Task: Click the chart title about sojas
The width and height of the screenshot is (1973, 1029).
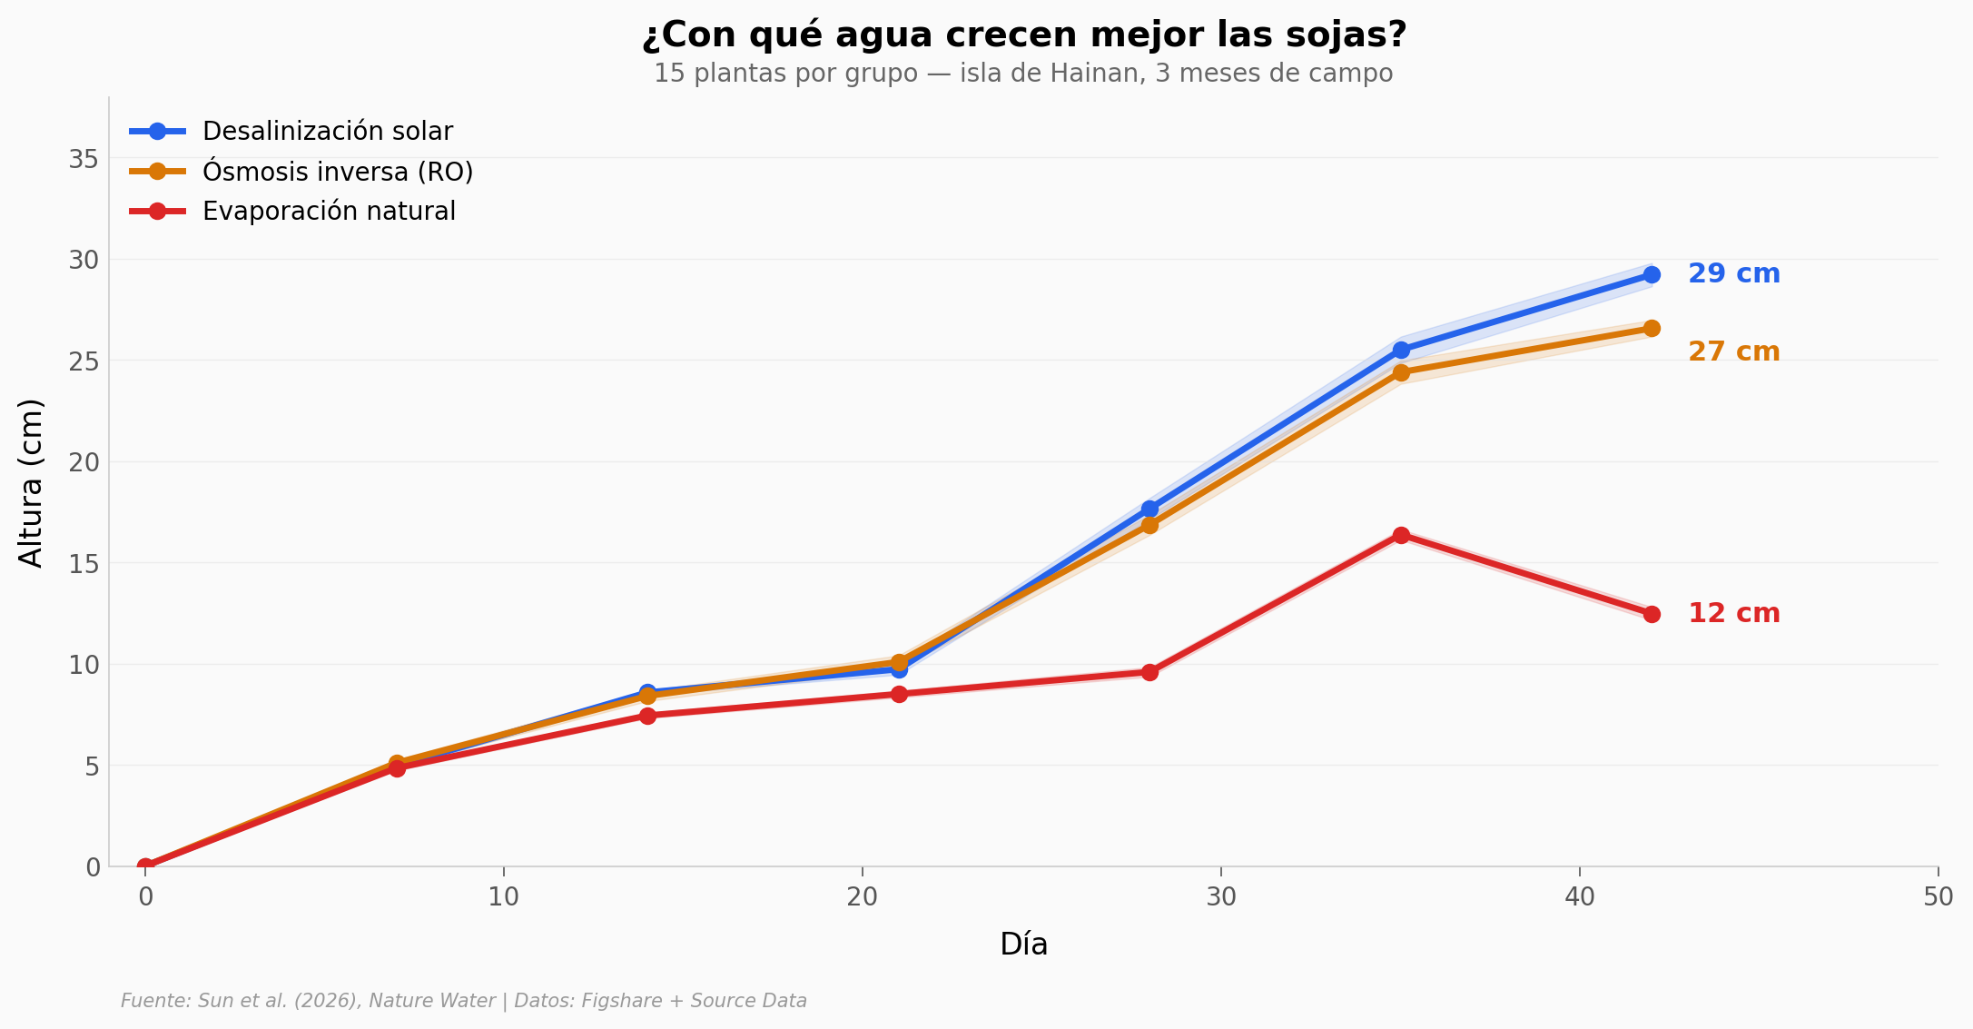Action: pos(1023,35)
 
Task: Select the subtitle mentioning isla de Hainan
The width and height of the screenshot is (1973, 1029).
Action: pos(1023,74)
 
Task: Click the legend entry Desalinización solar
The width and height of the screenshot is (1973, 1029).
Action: pos(327,132)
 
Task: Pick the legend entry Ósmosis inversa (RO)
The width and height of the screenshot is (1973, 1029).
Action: pos(337,172)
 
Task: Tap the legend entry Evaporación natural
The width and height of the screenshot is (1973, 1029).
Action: pos(329,212)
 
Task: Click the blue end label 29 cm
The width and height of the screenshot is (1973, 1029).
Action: pos(1733,274)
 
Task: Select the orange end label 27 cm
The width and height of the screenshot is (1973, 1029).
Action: pos(1733,352)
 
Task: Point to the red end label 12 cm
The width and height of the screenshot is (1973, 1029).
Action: pos(1733,614)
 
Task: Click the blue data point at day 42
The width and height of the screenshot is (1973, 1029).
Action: pos(1652,275)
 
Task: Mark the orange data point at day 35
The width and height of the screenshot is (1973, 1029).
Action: pos(1401,372)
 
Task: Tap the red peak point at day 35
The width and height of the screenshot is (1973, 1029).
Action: pos(1401,535)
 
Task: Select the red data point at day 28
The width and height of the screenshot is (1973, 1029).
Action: pos(1149,672)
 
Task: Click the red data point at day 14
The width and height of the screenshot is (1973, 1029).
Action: pos(647,716)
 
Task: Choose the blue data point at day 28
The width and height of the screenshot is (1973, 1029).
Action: pos(1149,509)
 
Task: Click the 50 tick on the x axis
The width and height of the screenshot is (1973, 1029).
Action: pos(1938,897)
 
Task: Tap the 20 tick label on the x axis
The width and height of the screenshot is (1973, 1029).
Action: pos(862,897)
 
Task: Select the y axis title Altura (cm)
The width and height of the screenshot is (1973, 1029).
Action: pos(31,482)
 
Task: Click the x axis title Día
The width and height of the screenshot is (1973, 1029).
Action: pos(1023,945)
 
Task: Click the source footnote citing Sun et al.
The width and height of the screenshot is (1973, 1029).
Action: pos(463,1001)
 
